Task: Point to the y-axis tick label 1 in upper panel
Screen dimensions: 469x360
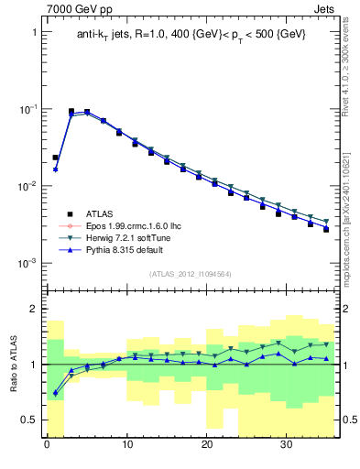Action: pyautogui.click(x=34, y=32)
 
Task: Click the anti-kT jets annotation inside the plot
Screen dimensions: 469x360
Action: pyautogui.click(x=191, y=34)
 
